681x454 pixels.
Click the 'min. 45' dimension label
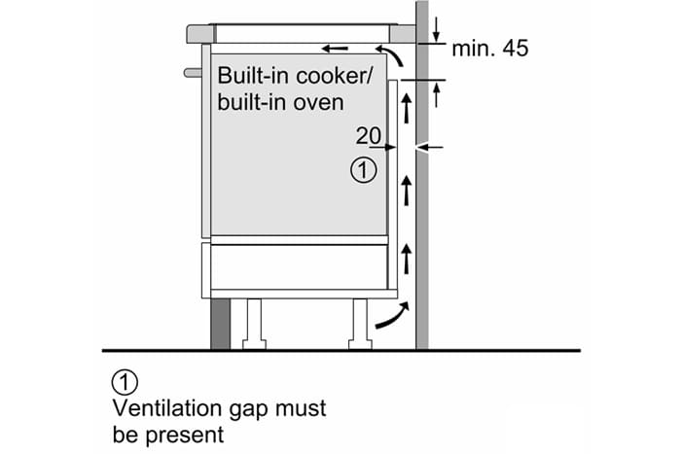coord(490,49)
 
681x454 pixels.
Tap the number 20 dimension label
coord(369,136)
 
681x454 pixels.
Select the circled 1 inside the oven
coord(364,170)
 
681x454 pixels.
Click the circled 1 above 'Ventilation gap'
coord(125,383)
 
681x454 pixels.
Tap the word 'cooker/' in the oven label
coord(334,76)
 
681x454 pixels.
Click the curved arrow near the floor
coord(393,316)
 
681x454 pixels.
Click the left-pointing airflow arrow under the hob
coord(335,49)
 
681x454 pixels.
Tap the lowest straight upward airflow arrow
coord(407,259)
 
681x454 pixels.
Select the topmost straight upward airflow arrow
coord(407,109)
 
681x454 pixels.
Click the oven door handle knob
coord(193,73)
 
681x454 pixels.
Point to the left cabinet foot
coord(254,324)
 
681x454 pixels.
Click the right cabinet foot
coord(361,324)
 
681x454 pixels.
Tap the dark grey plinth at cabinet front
coord(220,324)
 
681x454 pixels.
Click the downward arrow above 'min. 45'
coord(437,30)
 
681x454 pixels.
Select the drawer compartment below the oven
coord(300,266)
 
